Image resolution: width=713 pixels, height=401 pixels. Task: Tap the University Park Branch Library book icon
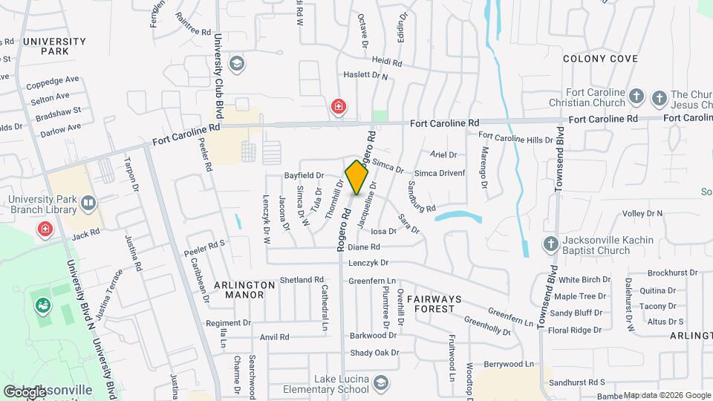[88, 203]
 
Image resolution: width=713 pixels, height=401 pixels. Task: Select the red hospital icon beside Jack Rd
[45, 228]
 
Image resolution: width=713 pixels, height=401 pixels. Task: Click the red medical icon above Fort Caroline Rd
[339, 107]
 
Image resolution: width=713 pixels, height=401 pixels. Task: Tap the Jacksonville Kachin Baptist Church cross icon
[550, 243]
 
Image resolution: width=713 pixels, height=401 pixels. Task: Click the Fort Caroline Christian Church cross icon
[636, 97]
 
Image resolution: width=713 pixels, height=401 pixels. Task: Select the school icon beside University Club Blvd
[237, 63]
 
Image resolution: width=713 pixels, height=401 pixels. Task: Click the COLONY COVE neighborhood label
[600, 58]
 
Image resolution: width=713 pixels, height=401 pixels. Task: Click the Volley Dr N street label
[642, 214]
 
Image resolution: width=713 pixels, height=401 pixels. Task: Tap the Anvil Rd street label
[274, 337]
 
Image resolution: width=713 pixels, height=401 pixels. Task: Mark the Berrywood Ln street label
[509, 365]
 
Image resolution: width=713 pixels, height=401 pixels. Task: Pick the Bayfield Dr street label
[304, 176]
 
